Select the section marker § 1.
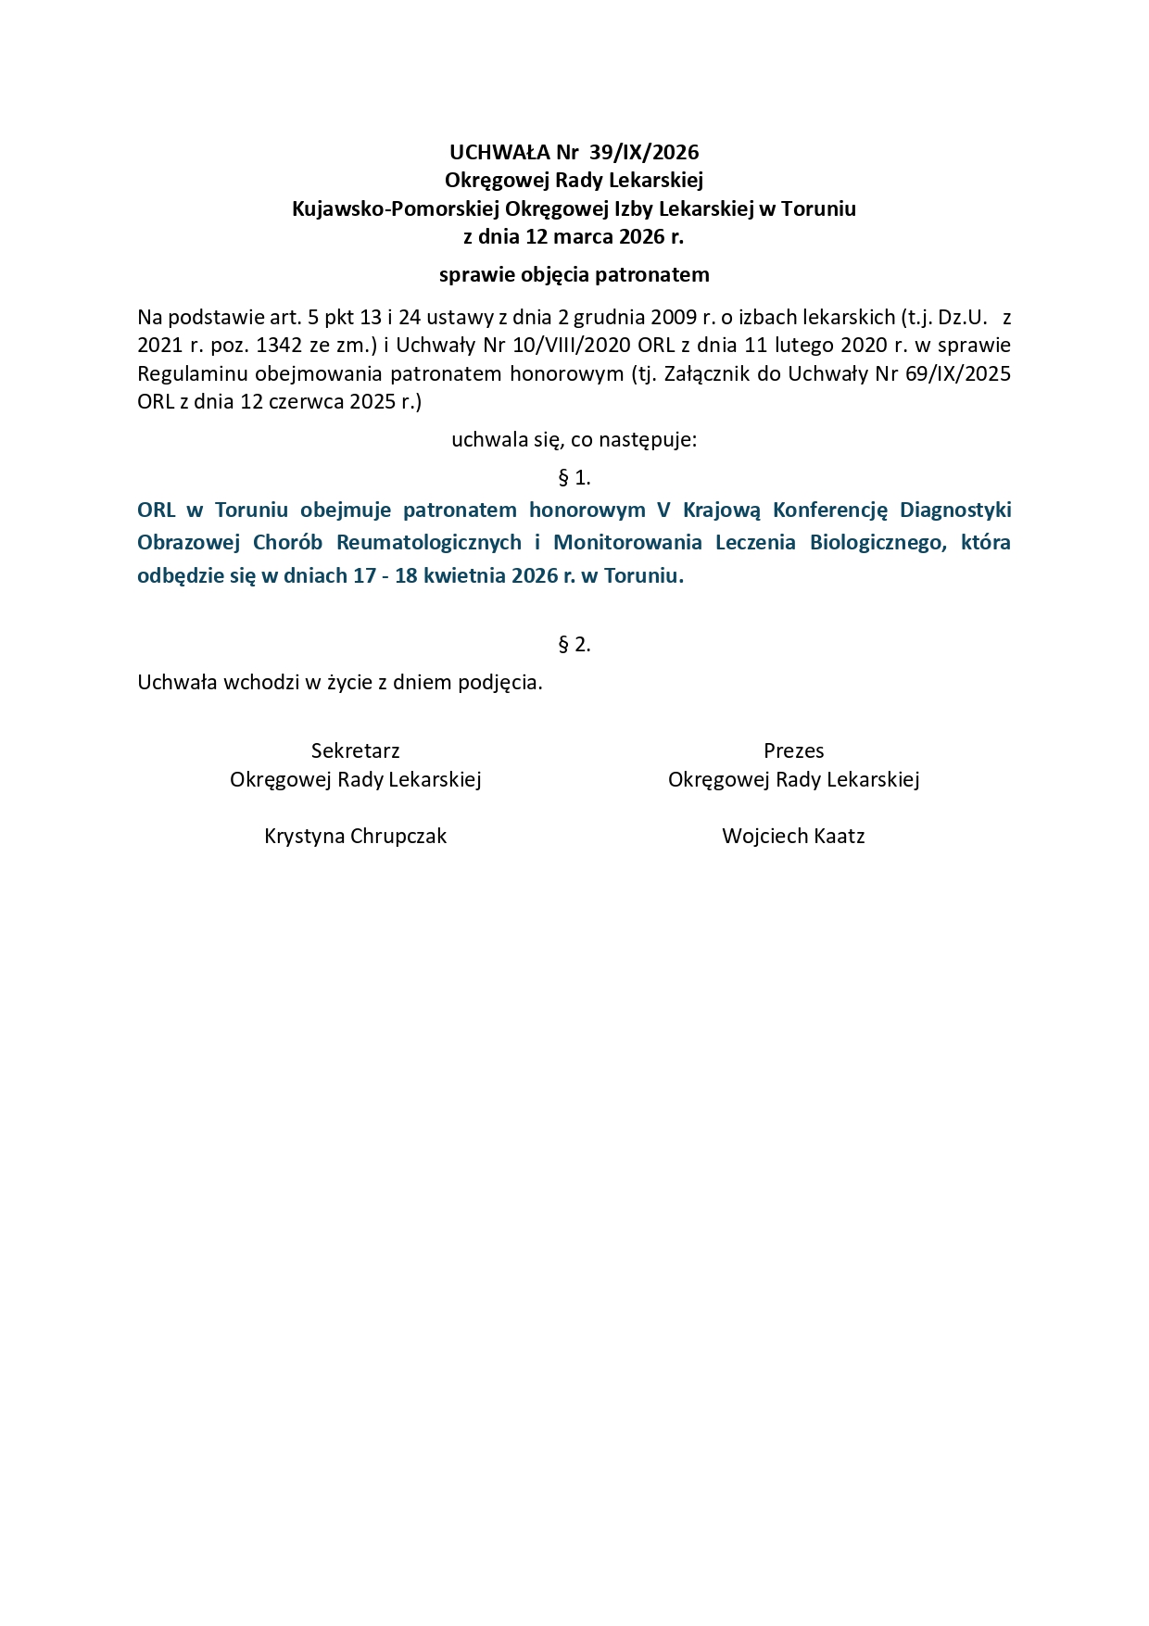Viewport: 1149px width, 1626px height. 574,478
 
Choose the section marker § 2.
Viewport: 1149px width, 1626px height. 574,645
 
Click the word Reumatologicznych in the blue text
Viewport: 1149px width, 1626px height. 429,543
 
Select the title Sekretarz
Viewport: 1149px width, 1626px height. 356,750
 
